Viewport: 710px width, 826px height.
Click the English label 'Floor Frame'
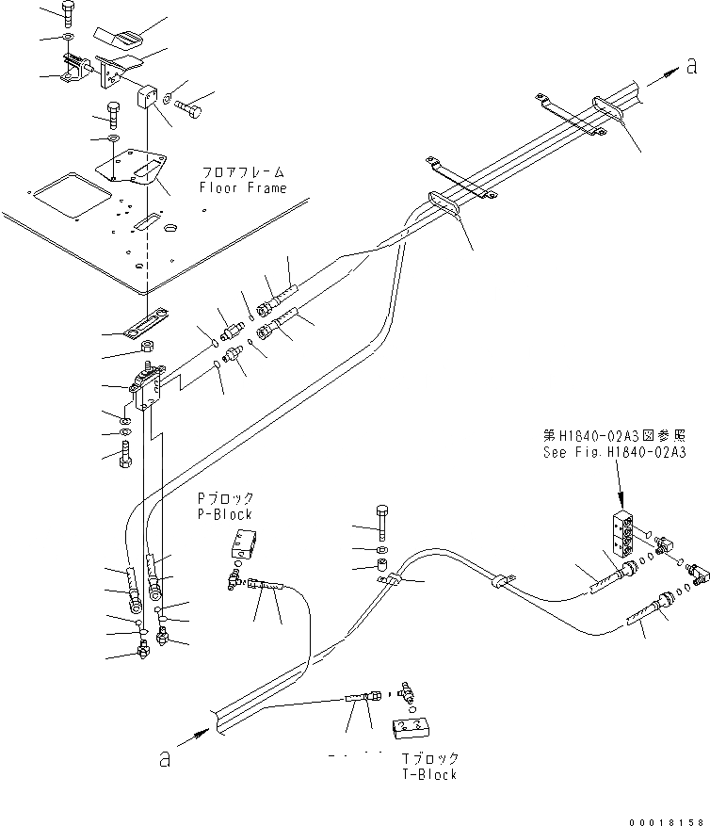[x=242, y=188]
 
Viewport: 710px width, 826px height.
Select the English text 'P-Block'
[x=225, y=514]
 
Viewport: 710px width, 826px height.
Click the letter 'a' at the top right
[x=691, y=66]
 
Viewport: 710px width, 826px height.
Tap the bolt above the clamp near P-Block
[x=380, y=519]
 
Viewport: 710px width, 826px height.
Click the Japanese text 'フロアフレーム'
[x=242, y=173]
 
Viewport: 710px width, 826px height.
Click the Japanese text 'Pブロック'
[x=225, y=498]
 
